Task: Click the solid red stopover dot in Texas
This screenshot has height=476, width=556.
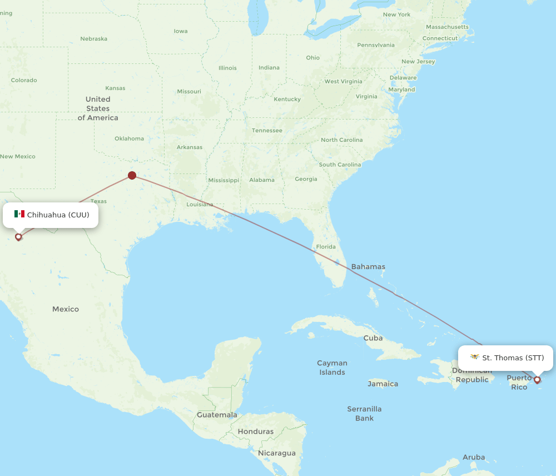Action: (132, 175)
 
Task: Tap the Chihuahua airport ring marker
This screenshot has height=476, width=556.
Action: (18, 237)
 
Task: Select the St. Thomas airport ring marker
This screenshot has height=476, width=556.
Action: (537, 380)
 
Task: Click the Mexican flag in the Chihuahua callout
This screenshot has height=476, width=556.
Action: (19, 214)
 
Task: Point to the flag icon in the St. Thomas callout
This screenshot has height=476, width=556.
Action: (474, 357)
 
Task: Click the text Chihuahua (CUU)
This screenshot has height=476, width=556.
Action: (58, 215)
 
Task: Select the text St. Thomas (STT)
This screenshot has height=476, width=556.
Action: (513, 358)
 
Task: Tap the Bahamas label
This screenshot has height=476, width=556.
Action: (368, 266)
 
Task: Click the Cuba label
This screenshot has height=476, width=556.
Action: (373, 338)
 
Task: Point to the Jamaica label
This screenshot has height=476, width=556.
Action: (383, 384)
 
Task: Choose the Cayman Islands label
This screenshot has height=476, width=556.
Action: (332, 368)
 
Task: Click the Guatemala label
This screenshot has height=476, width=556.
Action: (217, 415)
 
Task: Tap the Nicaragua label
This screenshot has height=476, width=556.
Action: (277, 453)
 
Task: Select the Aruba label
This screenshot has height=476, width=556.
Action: (473, 457)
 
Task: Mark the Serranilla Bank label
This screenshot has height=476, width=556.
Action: (364, 413)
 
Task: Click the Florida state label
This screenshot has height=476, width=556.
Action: (325, 246)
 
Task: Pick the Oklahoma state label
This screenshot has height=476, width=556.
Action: (129, 138)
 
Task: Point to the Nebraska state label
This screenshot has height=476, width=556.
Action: (93, 39)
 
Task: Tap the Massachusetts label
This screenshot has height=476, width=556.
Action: (448, 27)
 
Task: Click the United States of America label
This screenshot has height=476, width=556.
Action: (98, 108)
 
